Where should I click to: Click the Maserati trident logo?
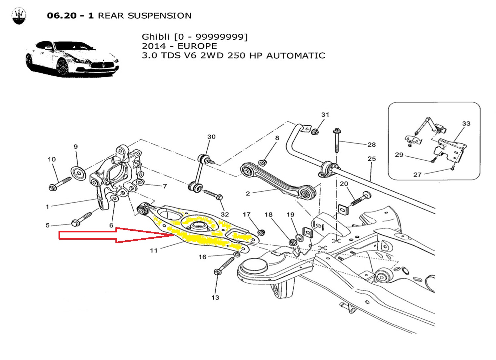(x=19, y=16)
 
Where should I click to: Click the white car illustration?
(x=72, y=58)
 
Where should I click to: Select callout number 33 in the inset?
(x=466, y=124)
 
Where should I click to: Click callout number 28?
(x=372, y=144)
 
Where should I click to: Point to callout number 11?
(x=154, y=251)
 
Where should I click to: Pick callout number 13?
(x=215, y=298)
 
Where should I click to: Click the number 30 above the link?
(x=211, y=137)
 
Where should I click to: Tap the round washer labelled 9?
(x=79, y=174)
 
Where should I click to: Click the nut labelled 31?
(x=315, y=132)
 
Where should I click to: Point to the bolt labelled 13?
(x=225, y=266)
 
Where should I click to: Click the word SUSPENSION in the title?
(x=160, y=16)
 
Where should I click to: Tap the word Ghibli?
(x=156, y=37)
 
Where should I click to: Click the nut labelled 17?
(x=261, y=231)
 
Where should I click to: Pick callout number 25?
(x=372, y=159)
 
